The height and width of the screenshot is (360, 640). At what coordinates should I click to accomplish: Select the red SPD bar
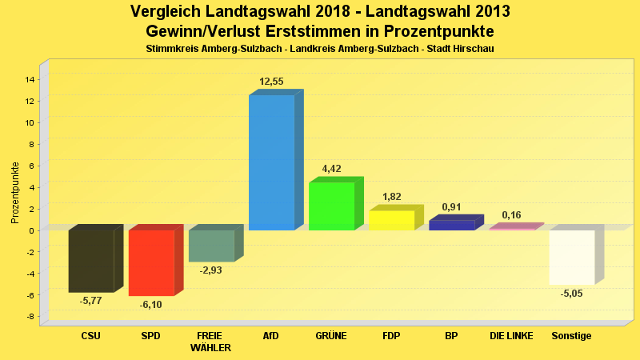151,262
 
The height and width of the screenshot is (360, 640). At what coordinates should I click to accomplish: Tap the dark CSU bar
91,261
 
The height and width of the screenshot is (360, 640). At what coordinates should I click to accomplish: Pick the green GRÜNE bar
331,206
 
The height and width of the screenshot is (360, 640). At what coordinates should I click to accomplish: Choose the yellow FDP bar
391,220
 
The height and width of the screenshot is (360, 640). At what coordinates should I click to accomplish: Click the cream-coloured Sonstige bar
571,257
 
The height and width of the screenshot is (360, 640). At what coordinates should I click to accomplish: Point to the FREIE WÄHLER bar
211,246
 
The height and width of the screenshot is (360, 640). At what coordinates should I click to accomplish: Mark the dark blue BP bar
451,225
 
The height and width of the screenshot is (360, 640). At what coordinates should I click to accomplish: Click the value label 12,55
271,82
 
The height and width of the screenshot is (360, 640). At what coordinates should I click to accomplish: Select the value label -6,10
150,305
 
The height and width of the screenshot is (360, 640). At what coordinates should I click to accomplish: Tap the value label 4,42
331,169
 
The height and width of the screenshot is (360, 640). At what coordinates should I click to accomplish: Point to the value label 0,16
511,215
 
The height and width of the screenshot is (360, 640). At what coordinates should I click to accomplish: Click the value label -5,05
571,294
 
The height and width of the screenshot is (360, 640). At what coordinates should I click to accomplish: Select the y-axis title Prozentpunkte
15,192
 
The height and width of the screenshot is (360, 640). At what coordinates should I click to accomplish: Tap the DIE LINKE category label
511,336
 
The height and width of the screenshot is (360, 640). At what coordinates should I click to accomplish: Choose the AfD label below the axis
271,336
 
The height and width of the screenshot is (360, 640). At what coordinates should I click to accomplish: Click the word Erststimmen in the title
323,31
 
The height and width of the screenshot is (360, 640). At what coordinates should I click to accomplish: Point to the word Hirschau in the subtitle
472,50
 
